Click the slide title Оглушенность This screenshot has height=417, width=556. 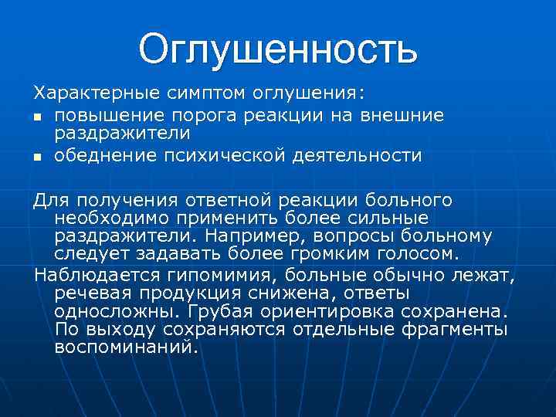click(x=278, y=49)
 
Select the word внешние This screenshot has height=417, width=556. click(x=405, y=114)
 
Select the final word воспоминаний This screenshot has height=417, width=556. click(x=127, y=347)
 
